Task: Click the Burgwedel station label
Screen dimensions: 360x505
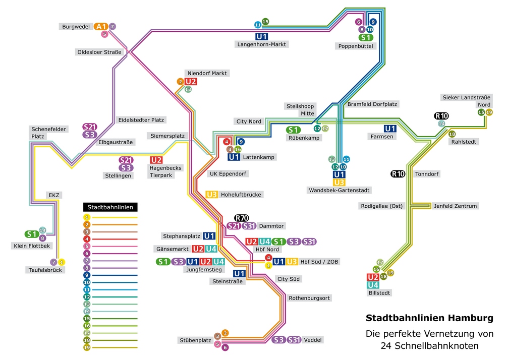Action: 76,26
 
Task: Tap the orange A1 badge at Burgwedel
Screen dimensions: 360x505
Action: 101,26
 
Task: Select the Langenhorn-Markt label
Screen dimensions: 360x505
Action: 261,44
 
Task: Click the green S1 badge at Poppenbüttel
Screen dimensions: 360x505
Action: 366,37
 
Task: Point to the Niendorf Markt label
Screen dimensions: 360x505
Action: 206,73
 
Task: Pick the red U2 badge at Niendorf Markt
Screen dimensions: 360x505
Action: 191,81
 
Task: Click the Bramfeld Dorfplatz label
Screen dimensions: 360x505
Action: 372,104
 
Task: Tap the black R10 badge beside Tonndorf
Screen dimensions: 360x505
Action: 398,174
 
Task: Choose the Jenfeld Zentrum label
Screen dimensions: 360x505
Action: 455,206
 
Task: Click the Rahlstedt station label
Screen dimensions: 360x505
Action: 464,142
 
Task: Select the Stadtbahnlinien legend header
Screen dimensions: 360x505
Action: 110,207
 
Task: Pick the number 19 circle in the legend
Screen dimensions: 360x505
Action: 87,347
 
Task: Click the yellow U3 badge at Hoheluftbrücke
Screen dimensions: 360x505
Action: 212,194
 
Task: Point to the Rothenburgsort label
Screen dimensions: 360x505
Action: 309,298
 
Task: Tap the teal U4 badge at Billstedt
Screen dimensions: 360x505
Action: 373,285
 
